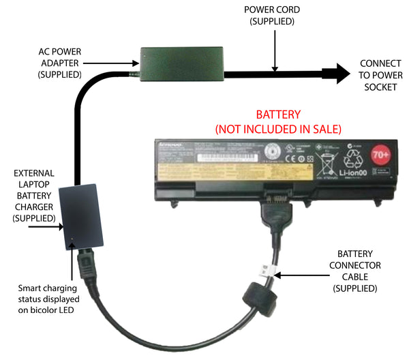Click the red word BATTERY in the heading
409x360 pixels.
pos(278,115)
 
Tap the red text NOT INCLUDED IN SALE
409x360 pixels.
pos(278,128)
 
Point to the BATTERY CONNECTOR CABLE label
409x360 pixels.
pos(359,271)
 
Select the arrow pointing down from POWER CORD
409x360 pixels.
pos(273,48)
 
